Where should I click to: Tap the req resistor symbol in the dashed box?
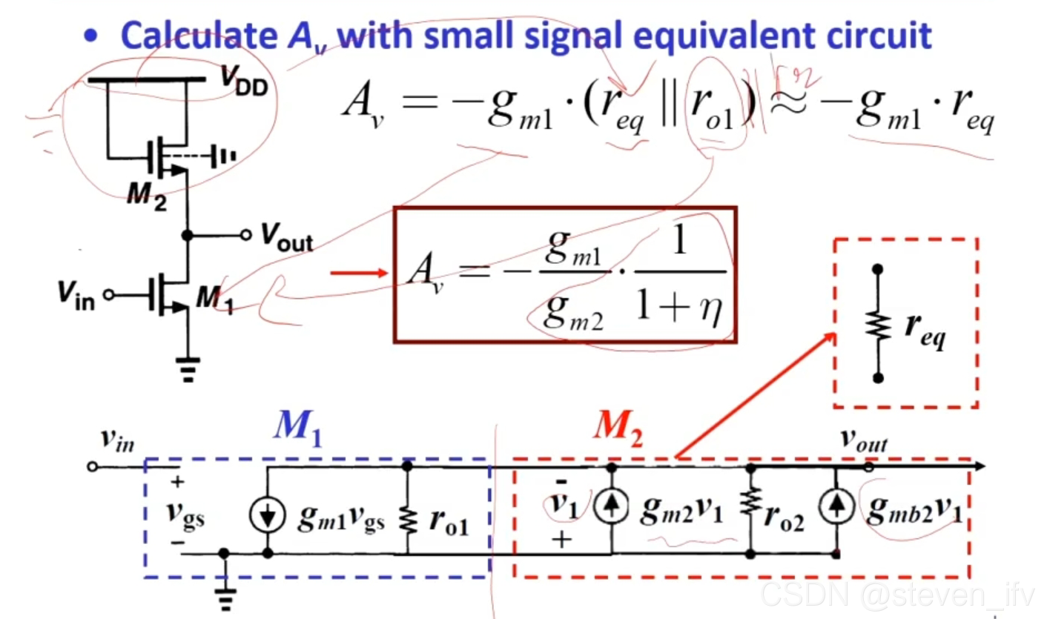point(879,325)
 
